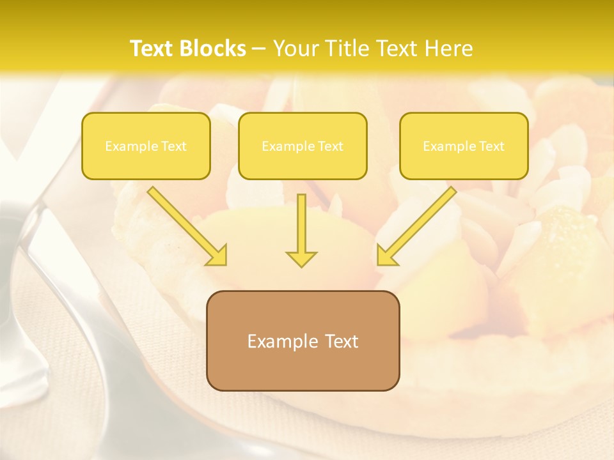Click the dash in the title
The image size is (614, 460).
tap(259, 49)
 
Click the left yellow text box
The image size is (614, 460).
tap(146, 146)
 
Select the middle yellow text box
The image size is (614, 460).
tap(303, 146)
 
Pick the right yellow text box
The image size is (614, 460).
tap(464, 146)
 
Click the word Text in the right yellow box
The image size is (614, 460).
tap(491, 146)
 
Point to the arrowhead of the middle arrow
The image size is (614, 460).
tap(301, 258)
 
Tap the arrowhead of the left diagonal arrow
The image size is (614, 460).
tap(217, 255)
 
